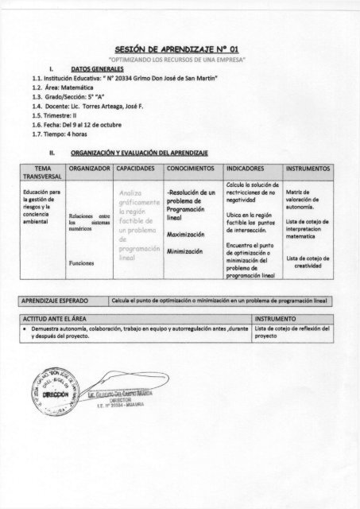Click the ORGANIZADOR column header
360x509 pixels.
90,169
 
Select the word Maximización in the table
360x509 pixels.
188,235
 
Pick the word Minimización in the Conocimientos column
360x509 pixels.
188,251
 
